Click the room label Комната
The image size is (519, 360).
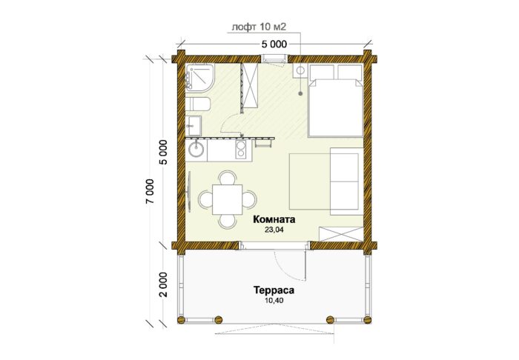pyautogui.click(x=274, y=219)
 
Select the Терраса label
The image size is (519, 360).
pyautogui.click(x=274, y=290)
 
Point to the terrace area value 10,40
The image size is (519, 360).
pyautogui.click(x=274, y=301)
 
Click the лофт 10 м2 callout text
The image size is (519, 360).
pyautogui.click(x=259, y=27)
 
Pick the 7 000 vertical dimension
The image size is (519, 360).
pyautogui.click(x=151, y=192)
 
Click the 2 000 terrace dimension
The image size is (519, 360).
pyautogui.click(x=164, y=284)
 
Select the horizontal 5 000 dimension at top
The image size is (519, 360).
pyautogui.click(x=274, y=44)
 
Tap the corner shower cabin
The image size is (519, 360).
pyautogui.click(x=199, y=77)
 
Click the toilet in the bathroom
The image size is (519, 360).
pyautogui.click(x=198, y=104)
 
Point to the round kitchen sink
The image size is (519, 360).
pyautogui.click(x=196, y=150)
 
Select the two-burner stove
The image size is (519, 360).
pyautogui.click(x=241, y=149)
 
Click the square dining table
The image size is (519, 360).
pyautogui.click(x=227, y=199)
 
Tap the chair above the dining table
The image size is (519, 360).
pyautogui.click(x=228, y=178)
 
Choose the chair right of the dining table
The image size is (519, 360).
pyautogui.click(x=249, y=199)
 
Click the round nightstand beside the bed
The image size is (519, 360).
pyautogui.click(x=300, y=71)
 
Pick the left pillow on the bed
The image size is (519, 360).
pyautogui.click(x=321, y=72)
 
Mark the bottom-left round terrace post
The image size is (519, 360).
pyautogui.click(x=181, y=320)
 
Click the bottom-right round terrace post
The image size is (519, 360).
pyautogui.click(x=368, y=320)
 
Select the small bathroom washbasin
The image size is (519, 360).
pyautogui.click(x=193, y=126)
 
